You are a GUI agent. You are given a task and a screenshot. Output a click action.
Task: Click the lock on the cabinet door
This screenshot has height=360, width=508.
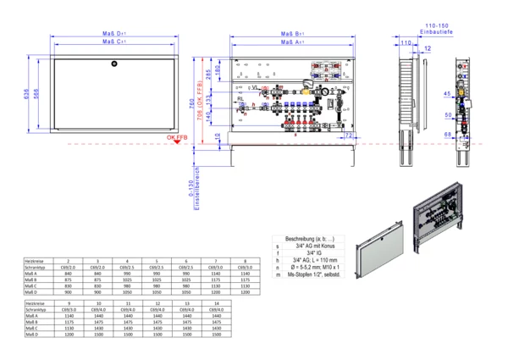pos(114,64)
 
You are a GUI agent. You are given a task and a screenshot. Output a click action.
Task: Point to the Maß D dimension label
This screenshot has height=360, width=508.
pos(113,33)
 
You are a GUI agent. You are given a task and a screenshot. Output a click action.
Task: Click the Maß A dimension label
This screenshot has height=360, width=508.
pos(293,42)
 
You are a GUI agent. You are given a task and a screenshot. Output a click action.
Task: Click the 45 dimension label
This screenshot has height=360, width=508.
pos(446,93)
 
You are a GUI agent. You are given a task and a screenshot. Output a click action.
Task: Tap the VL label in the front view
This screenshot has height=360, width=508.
pos(254,87)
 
